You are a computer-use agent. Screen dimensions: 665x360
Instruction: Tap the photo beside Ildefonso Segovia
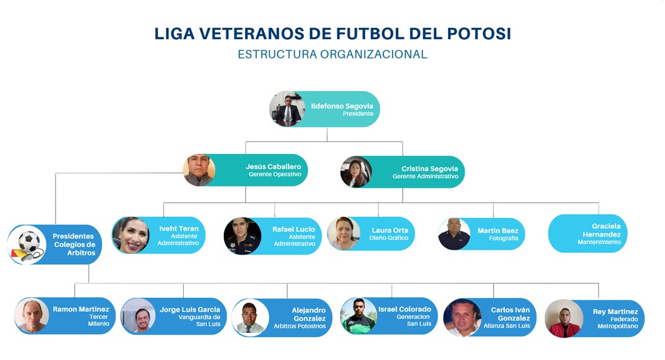click(x=287, y=109)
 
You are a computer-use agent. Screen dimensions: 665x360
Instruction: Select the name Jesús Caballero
click(x=274, y=167)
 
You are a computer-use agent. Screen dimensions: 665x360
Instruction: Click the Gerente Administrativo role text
click(x=426, y=176)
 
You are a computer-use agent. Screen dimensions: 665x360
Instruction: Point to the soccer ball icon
click(x=29, y=241)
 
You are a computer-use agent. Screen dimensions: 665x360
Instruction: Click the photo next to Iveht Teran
click(x=131, y=235)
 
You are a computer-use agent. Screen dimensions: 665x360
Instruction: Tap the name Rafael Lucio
click(x=294, y=229)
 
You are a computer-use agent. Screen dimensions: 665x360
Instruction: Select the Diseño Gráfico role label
click(x=388, y=239)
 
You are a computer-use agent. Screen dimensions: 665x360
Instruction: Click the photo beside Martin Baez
click(x=454, y=234)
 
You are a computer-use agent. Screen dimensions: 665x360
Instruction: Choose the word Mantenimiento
click(x=599, y=242)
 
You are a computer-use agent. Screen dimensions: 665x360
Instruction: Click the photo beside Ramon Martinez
click(x=32, y=316)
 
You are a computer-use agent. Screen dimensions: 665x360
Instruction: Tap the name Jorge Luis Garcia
click(x=190, y=310)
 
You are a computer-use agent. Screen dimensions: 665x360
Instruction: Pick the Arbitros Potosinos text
click(x=299, y=326)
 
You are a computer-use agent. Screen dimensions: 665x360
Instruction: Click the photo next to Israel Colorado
click(x=358, y=316)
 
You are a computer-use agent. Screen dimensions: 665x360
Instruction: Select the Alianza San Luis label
click(x=507, y=326)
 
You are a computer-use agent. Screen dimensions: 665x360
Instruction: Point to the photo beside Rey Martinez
click(x=564, y=318)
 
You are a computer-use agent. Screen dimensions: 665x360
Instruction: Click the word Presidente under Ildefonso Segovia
click(x=358, y=113)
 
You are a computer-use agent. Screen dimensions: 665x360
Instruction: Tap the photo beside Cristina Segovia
click(x=356, y=172)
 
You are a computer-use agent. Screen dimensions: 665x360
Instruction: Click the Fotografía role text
click(x=504, y=239)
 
